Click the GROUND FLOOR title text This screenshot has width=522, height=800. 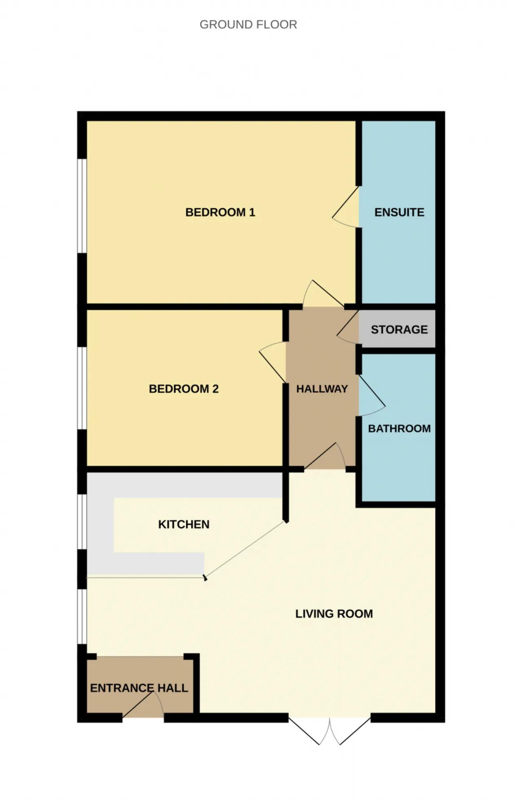coord(248,25)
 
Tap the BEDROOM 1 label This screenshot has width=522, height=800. coord(220,212)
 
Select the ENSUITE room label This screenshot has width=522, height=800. coord(399,212)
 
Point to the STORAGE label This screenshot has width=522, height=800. coord(399,330)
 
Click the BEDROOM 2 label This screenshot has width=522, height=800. coord(184,389)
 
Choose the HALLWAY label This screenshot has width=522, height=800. coord(322,389)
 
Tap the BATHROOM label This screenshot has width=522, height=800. coord(399,428)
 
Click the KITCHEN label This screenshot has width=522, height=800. coord(184,524)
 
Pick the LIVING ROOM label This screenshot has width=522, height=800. coord(334,614)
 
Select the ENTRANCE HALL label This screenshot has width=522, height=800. coord(139,688)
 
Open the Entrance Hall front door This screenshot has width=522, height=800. coord(143,704)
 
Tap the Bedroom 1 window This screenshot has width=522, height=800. coord(82,206)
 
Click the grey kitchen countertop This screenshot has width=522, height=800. coord(100,531)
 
